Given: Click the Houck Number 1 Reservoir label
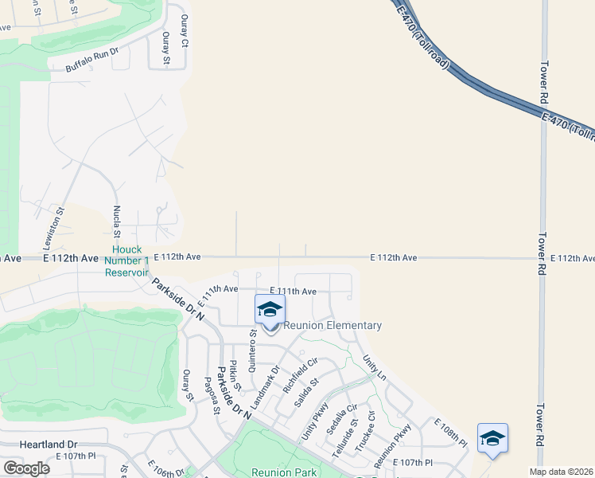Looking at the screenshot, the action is [x=126, y=261].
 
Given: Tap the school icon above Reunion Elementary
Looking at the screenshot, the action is [x=270, y=310].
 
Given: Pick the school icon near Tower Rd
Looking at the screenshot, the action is [x=492, y=438].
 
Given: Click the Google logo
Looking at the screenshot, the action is [x=26, y=468].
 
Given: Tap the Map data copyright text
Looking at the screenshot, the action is [x=560, y=472].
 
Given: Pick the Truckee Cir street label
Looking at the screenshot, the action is [x=365, y=431].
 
